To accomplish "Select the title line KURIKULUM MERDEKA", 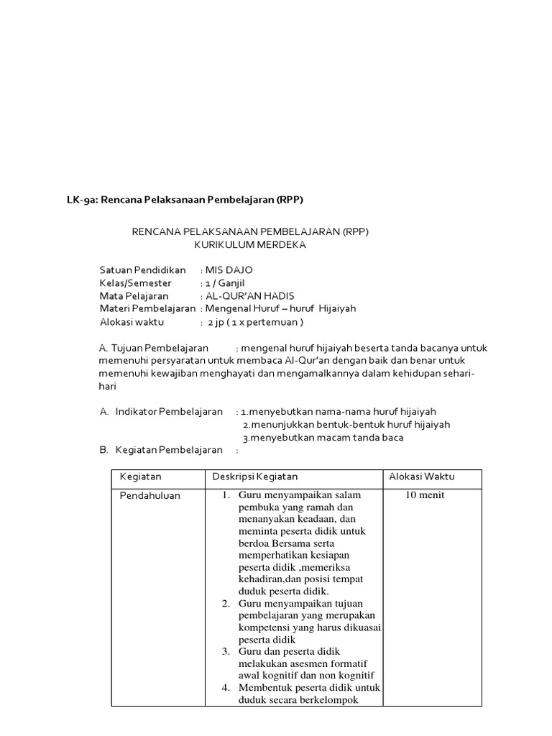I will click(x=250, y=244).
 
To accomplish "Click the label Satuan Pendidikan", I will click(x=142, y=270).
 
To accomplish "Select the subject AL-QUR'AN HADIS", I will click(x=249, y=296).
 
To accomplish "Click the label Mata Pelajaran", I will click(x=134, y=296).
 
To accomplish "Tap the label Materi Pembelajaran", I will click(x=147, y=309).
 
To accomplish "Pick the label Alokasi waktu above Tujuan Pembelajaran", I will click(x=132, y=322).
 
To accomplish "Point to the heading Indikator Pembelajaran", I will click(x=169, y=412).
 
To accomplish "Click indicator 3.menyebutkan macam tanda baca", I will click(x=323, y=438).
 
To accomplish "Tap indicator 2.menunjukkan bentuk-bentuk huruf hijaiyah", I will click(x=346, y=425).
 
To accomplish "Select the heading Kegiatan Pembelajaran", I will click(x=169, y=451).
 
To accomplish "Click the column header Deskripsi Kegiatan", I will click(x=255, y=477).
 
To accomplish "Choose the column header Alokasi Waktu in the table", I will click(x=422, y=477).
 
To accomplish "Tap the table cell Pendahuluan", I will click(x=150, y=496).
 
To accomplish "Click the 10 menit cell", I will click(x=425, y=496).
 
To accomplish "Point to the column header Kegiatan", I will click(x=141, y=477).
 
